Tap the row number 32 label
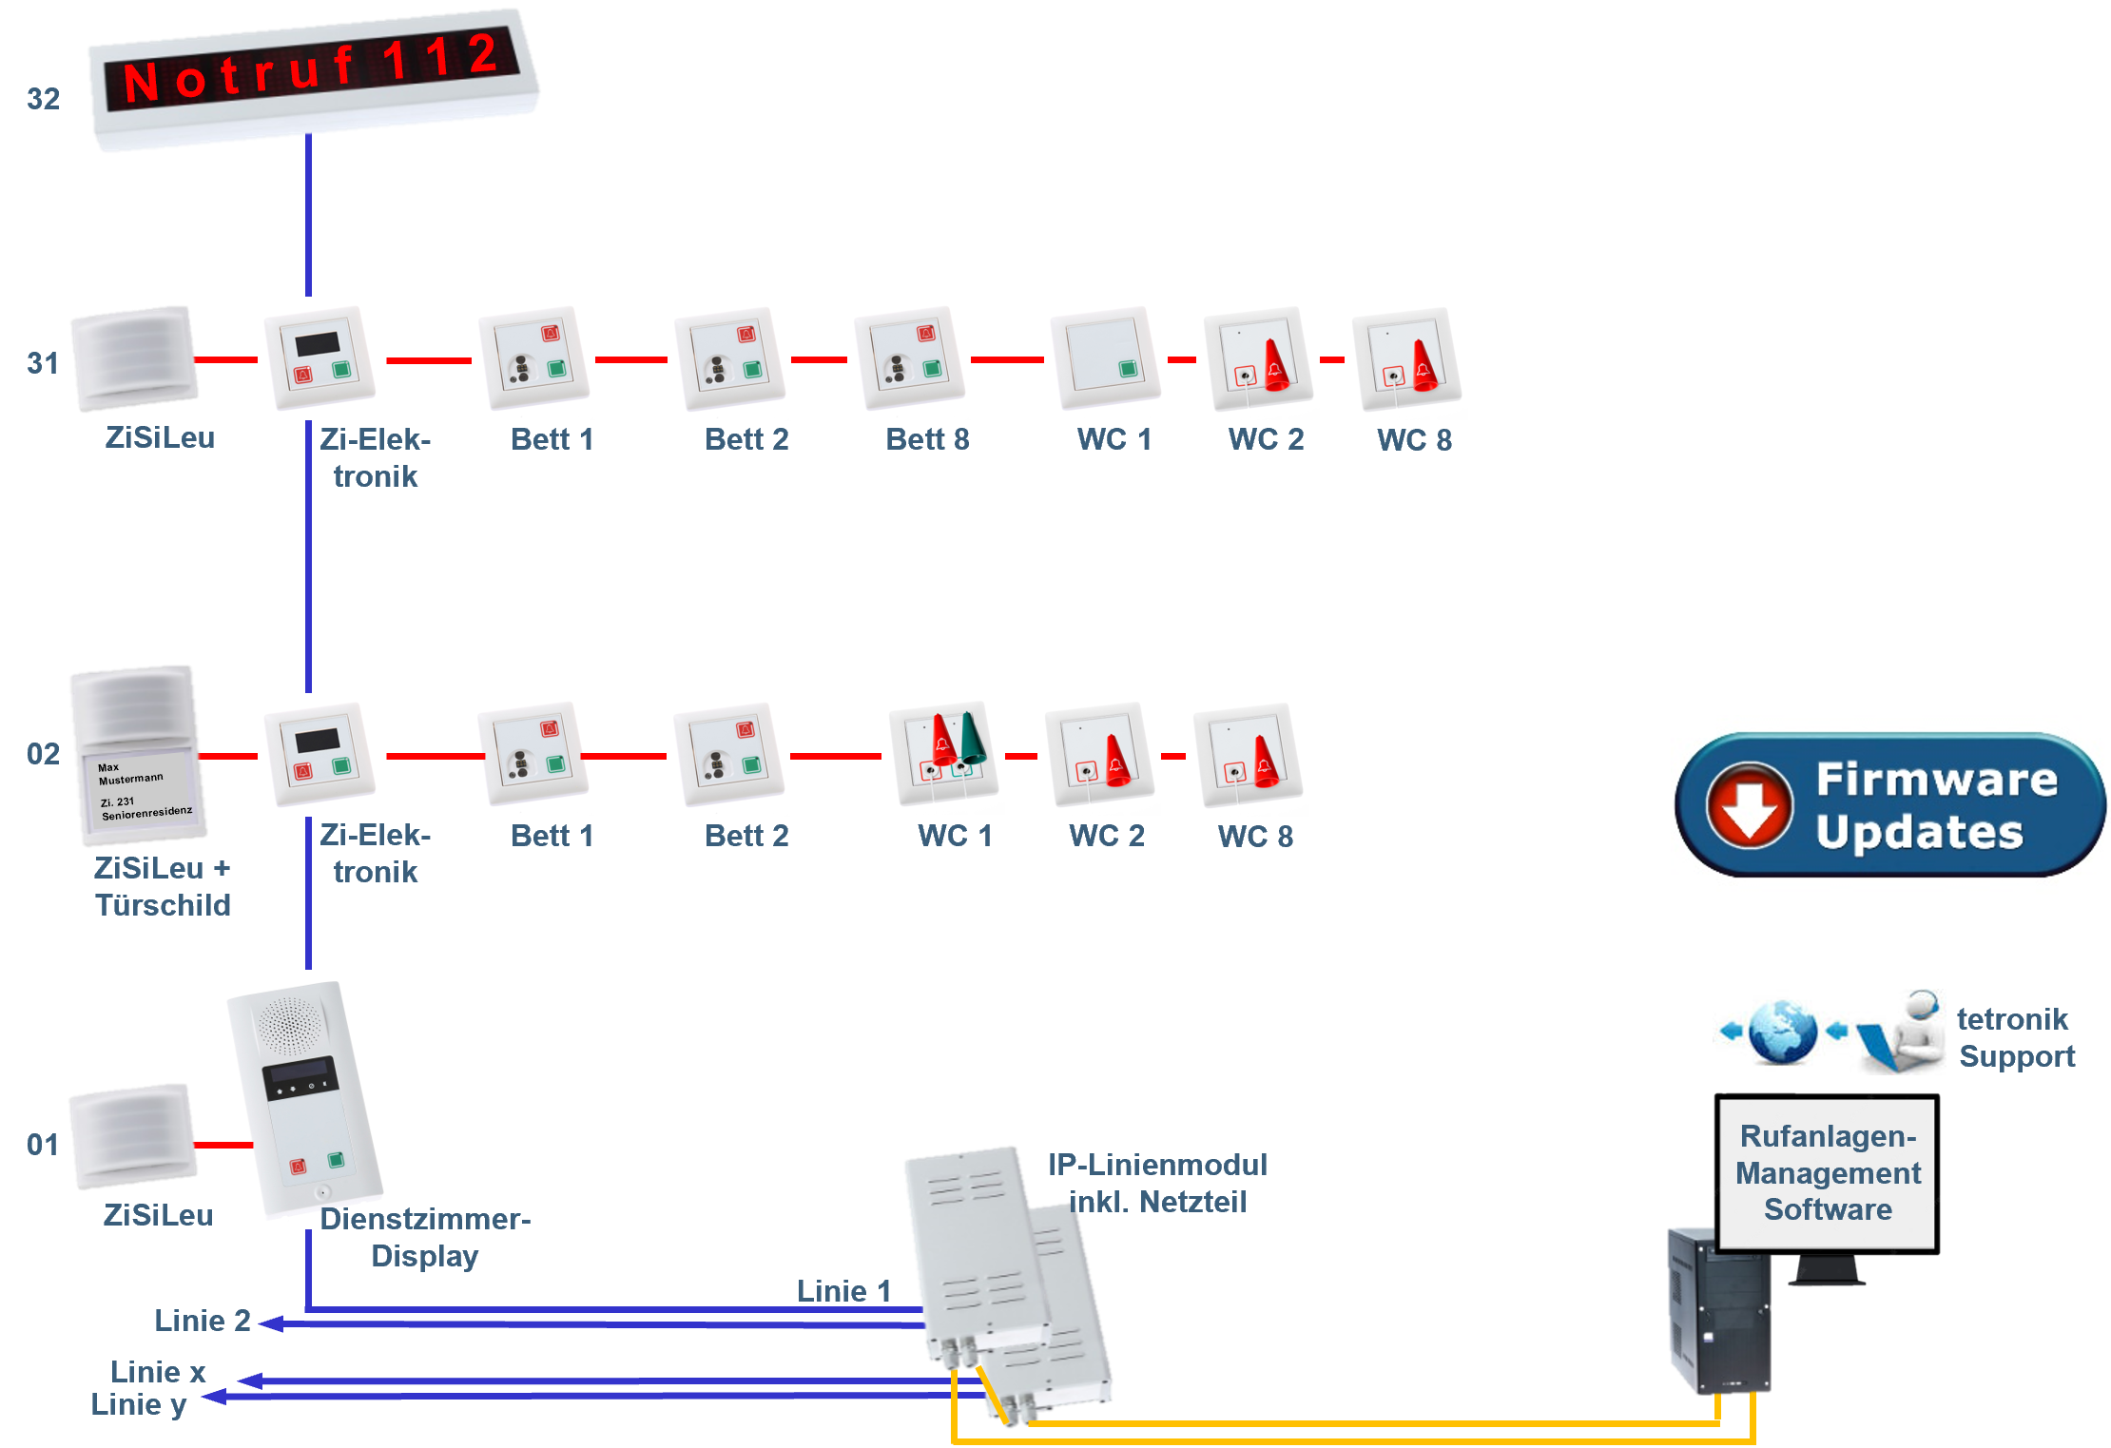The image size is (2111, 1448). (x=43, y=99)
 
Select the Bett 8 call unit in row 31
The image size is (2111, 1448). (x=909, y=358)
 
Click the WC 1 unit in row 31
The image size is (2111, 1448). (x=1105, y=358)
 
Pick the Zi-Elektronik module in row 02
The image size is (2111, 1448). (x=320, y=754)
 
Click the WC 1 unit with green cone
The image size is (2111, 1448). (x=944, y=753)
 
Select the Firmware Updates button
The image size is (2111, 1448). (x=1890, y=804)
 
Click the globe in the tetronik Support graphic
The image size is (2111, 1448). (x=1781, y=1033)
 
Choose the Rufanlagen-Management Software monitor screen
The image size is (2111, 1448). (x=1828, y=1173)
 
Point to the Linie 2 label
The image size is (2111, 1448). (x=203, y=1321)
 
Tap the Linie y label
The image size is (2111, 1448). (x=139, y=1404)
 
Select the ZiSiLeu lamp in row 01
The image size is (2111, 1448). (x=134, y=1137)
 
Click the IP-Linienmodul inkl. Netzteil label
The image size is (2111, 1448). (x=1157, y=1183)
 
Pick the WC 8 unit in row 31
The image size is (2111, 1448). (x=1406, y=358)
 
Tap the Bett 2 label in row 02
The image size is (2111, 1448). (x=746, y=836)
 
